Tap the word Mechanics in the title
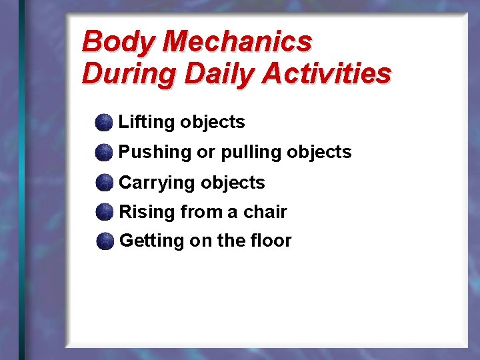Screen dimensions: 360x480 pos(237,41)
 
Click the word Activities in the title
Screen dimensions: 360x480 pos(326,73)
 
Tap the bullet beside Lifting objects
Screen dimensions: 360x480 pos(103,123)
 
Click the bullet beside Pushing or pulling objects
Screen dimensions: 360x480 pos(103,153)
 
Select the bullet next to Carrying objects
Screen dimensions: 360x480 pos(103,183)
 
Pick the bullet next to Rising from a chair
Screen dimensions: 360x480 pos(103,213)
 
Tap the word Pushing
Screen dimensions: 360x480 pos(155,153)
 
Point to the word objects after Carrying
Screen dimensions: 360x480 pos(233,183)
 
